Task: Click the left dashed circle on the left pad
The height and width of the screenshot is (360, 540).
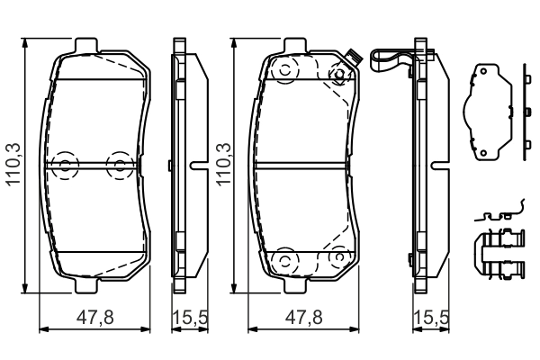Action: click(x=64, y=164)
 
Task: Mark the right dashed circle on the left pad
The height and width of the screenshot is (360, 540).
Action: click(x=118, y=164)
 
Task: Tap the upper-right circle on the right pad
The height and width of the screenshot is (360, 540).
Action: click(x=339, y=75)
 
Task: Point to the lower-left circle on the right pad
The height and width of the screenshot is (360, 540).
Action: click(x=284, y=260)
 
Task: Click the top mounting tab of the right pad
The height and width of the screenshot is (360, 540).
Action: click(x=297, y=45)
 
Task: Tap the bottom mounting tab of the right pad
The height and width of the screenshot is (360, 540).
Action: click(x=297, y=285)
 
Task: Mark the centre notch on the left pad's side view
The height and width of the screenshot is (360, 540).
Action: click(x=197, y=164)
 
